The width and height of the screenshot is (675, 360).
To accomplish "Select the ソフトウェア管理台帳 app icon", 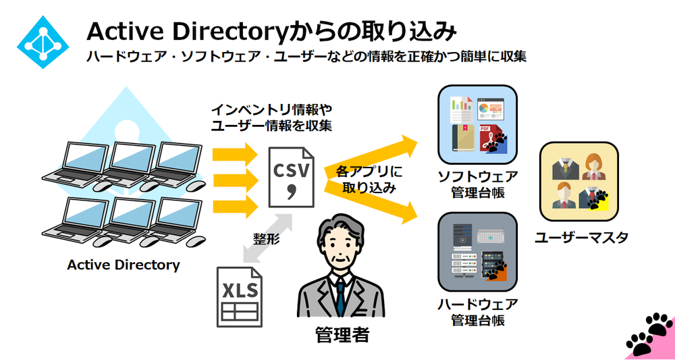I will (x=477, y=124).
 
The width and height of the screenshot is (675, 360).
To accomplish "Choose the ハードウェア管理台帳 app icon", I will (x=477, y=251).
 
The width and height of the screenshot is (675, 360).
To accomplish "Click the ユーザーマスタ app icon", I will (x=578, y=180).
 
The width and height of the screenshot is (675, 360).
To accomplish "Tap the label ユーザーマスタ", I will (x=581, y=237).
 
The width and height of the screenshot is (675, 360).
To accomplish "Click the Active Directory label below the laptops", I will (x=124, y=265).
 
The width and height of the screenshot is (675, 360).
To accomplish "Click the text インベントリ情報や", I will (x=271, y=109).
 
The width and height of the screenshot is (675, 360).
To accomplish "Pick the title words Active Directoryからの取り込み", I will (x=270, y=31).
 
